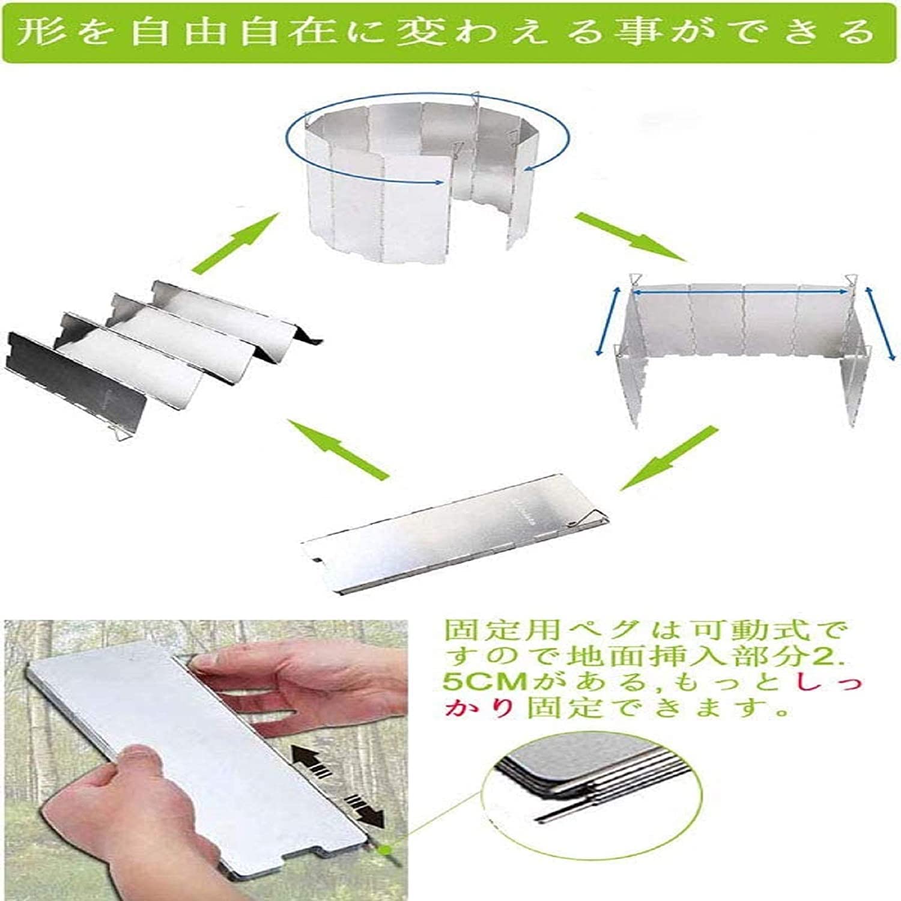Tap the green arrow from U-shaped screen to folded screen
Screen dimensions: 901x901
pyautogui.click(x=668, y=458)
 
